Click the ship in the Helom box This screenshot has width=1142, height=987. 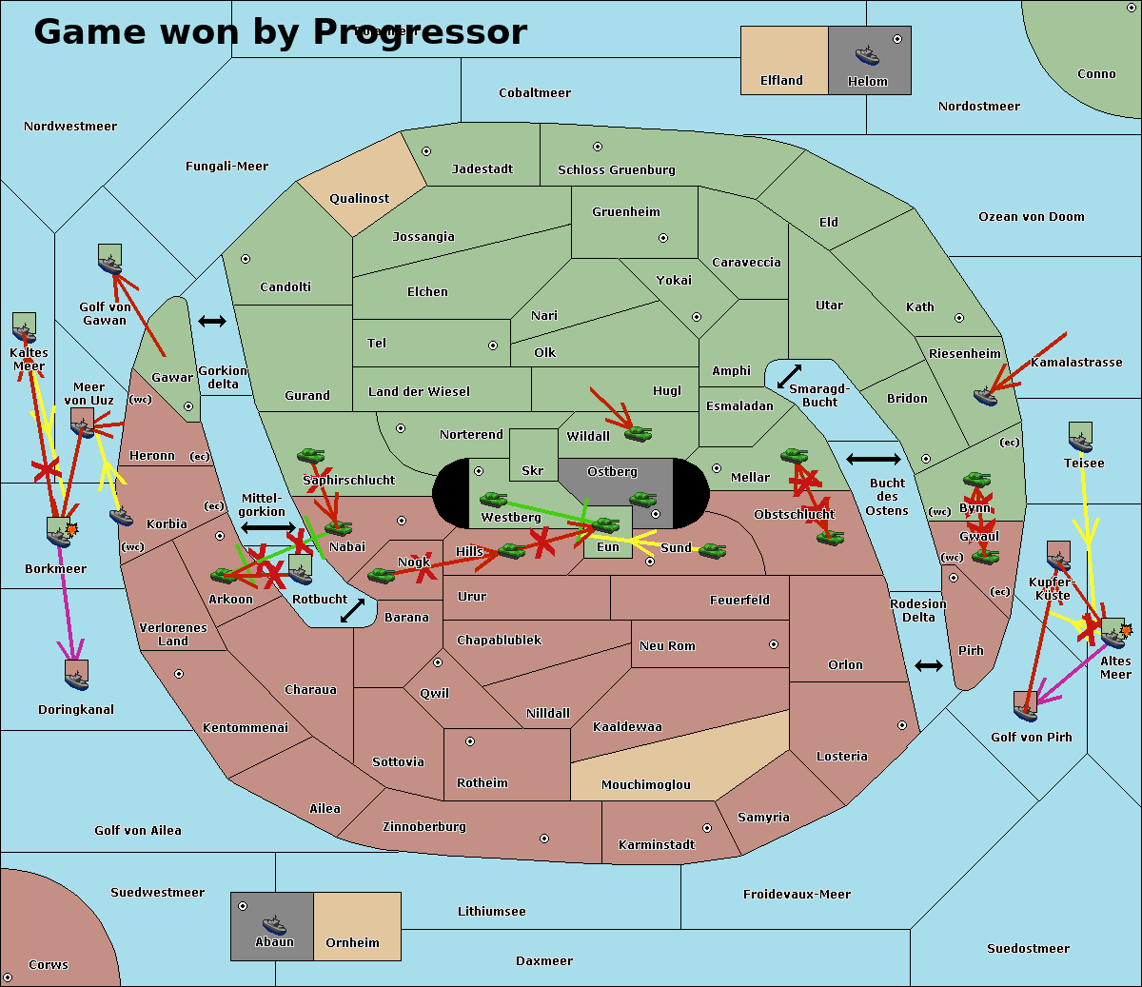(x=867, y=55)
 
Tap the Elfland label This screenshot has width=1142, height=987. (x=781, y=81)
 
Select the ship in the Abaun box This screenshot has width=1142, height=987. (x=274, y=924)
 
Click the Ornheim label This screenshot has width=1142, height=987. (x=352, y=943)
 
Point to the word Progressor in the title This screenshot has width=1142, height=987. (x=420, y=32)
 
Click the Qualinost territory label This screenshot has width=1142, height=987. (x=360, y=199)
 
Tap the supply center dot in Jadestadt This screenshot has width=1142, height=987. (x=426, y=151)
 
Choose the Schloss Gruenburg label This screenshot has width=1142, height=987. (x=617, y=170)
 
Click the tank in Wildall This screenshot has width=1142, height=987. (x=639, y=434)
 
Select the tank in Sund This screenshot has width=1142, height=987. (x=713, y=550)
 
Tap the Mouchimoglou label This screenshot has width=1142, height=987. (x=646, y=785)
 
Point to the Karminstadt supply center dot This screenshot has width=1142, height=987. (x=707, y=828)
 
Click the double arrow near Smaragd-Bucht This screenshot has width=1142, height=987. (x=790, y=376)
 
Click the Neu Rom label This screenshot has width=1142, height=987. (x=667, y=646)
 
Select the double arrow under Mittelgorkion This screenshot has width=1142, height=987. (x=268, y=526)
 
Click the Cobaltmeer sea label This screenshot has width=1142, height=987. (x=535, y=93)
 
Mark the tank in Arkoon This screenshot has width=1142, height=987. (x=224, y=575)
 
